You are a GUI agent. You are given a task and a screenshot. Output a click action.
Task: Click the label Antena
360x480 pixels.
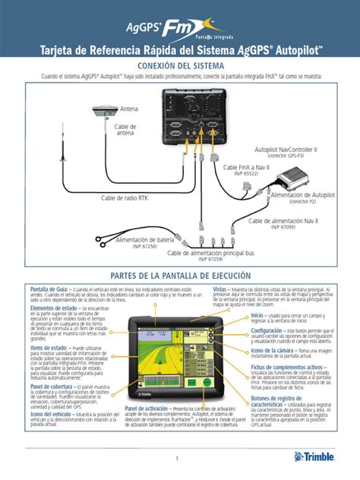coord(130,110)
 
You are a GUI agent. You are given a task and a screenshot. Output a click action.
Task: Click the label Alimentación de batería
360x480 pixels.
coord(144,239)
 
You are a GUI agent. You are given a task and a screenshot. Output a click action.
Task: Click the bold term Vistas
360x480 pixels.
coord(221,289)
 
